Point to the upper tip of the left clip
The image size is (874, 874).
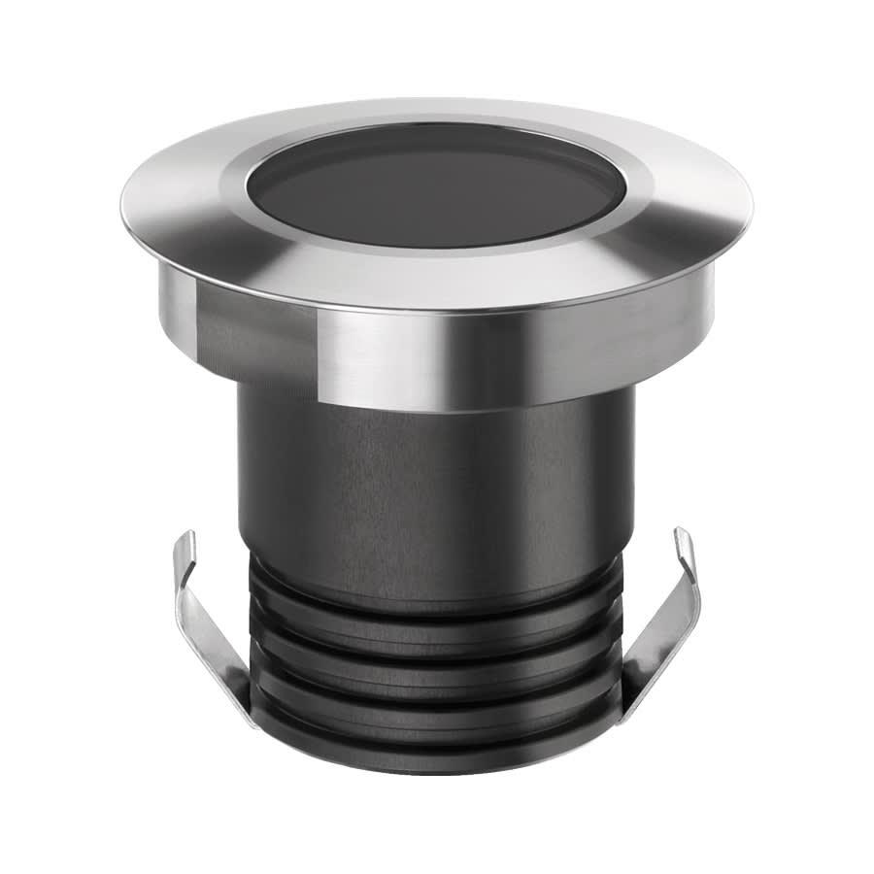point(190,536)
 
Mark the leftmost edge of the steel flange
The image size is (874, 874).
point(123,206)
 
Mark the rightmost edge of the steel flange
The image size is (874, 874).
point(751,206)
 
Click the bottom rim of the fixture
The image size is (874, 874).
point(437,767)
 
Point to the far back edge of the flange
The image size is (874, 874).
point(437,100)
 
